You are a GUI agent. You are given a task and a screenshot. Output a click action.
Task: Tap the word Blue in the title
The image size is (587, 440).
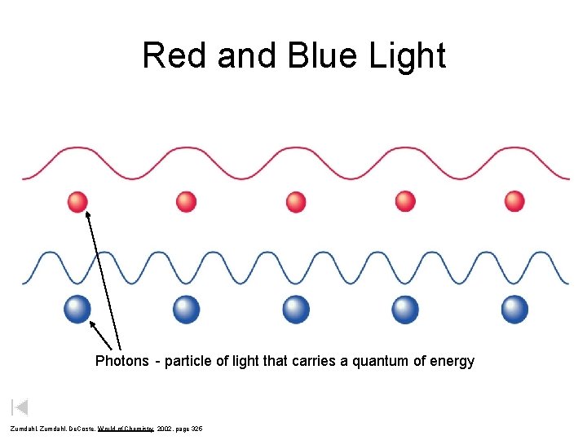coord(310,56)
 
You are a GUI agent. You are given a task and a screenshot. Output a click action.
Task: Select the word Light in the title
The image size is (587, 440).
coord(405,56)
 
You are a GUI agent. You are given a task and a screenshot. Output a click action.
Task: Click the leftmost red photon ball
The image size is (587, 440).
coord(77,201)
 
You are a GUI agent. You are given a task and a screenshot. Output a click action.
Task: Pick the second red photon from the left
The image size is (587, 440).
coord(187,201)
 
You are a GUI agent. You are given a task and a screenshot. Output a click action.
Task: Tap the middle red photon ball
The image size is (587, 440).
coord(296,201)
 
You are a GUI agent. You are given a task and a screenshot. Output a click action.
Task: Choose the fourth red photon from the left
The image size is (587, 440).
coord(405,201)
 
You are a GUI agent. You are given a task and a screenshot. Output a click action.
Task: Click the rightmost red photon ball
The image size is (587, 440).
coord(514,201)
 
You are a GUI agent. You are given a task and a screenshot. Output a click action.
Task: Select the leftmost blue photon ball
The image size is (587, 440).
coord(77,309)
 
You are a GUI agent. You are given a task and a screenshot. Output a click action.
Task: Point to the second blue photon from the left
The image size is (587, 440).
coord(187,309)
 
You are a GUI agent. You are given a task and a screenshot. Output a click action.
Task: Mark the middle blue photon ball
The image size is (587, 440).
coord(296,309)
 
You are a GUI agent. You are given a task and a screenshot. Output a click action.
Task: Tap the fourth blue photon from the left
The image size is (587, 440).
coord(405,309)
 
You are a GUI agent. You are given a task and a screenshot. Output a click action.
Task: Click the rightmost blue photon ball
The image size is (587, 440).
coord(514,309)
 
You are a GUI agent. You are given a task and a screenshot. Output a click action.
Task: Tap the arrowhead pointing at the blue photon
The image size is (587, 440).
coord(92,324)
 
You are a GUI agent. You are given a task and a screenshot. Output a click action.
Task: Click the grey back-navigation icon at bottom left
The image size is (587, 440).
coord(20,407)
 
